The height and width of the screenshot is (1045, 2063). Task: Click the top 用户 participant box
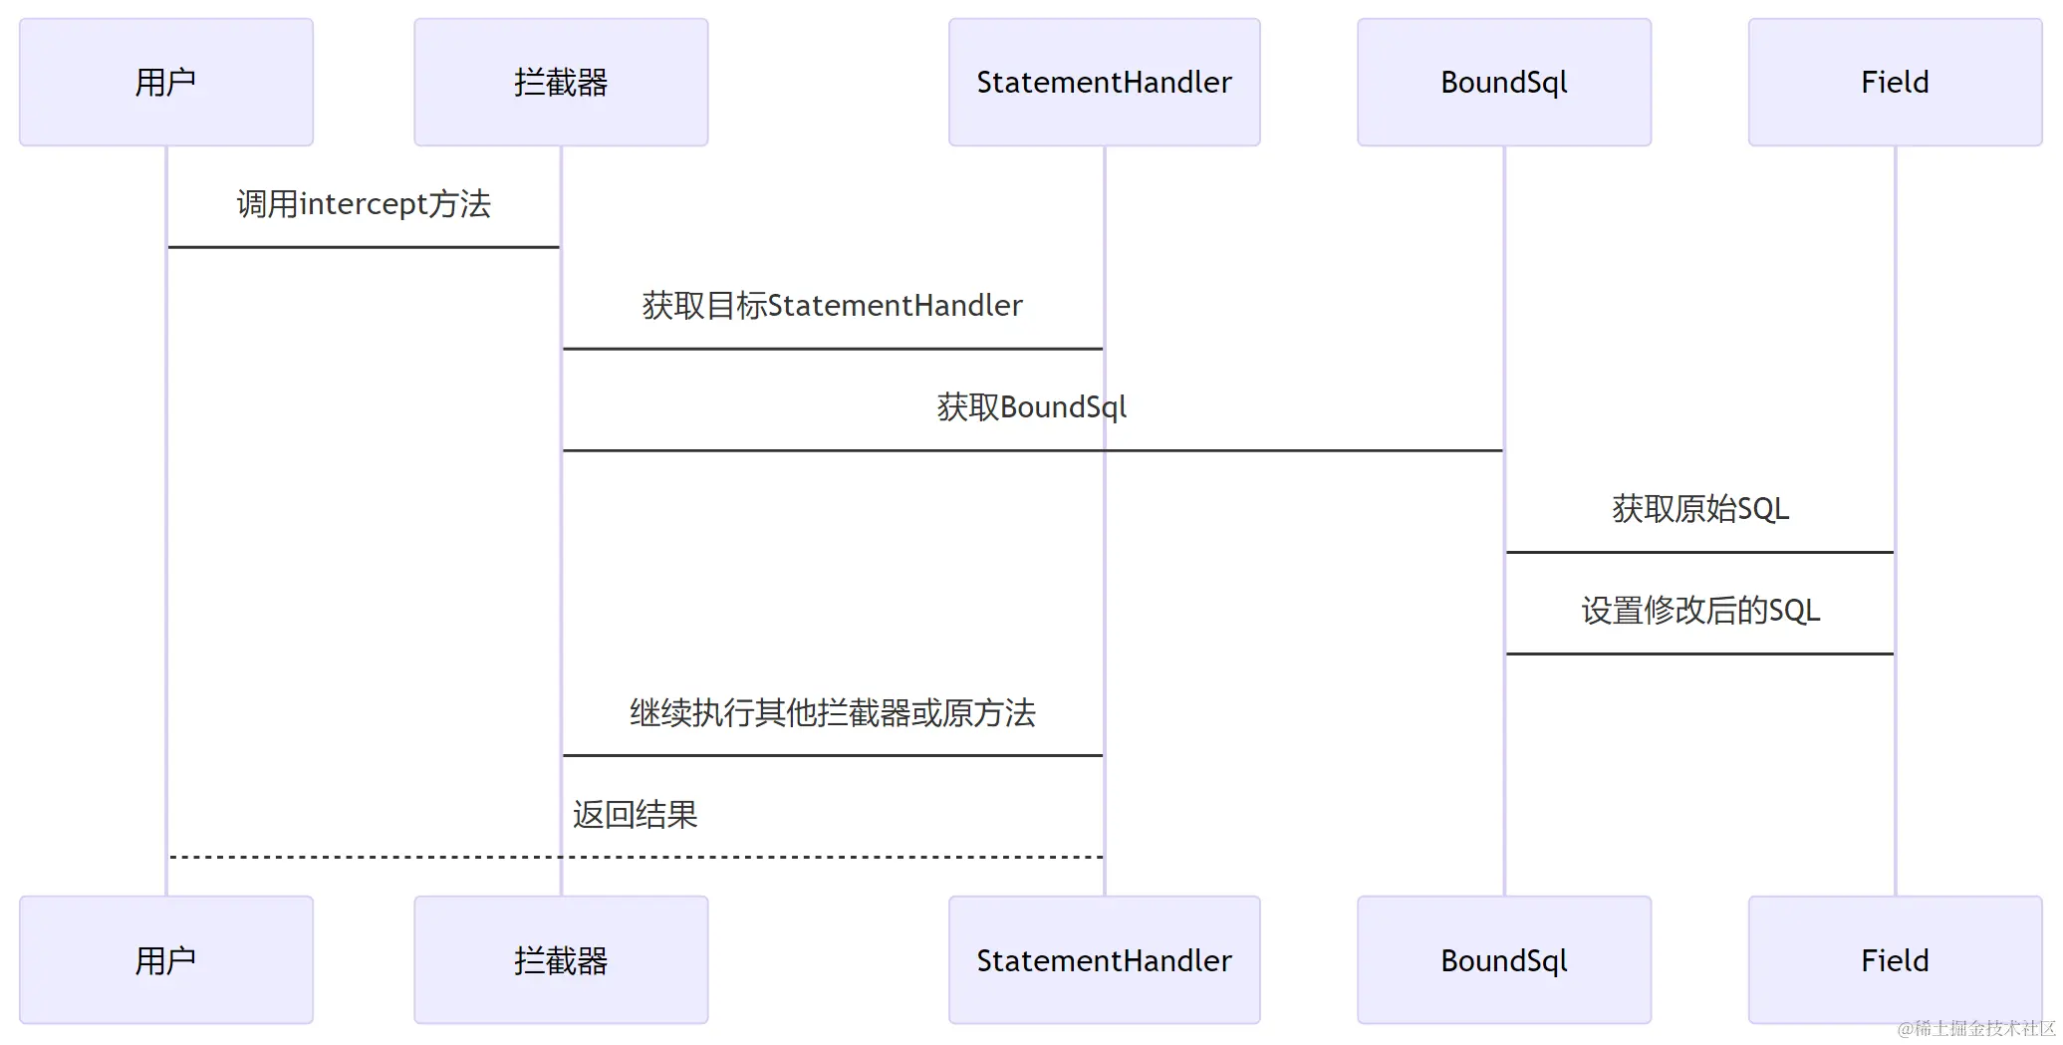[166, 82]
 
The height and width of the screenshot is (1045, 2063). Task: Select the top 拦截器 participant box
[561, 82]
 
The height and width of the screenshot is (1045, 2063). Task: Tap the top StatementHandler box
[1104, 82]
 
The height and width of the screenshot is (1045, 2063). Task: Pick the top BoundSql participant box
[1503, 82]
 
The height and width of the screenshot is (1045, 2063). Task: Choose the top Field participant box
[1895, 82]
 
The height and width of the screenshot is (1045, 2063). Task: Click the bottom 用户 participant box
[166, 960]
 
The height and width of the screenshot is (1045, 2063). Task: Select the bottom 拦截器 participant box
[561, 960]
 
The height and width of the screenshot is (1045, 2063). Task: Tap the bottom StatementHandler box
[1104, 960]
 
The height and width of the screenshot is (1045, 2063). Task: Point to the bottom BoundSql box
[1503, 960]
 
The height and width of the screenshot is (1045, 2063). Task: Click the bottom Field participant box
[1895, 960]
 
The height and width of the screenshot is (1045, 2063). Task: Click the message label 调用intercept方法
[364, 204]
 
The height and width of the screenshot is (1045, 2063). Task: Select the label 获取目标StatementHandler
[832, 306]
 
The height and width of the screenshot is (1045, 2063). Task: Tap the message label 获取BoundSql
[1032, 407]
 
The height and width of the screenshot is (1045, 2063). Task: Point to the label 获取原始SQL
[1700, 509]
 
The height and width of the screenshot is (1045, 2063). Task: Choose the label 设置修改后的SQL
[1700, 611]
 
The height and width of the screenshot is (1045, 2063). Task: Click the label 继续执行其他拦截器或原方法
[832, 713]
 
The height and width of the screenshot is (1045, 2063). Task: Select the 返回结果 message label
[636, 815]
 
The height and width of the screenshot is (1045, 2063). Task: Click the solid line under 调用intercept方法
[364, 247]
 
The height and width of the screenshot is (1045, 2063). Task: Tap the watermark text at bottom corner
[1976, 1028]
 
